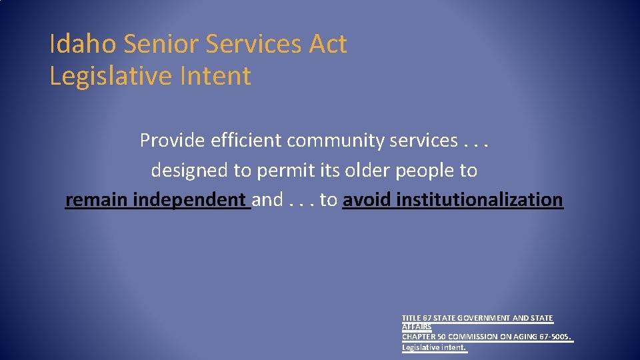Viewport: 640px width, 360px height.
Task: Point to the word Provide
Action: click(x=173, y=141)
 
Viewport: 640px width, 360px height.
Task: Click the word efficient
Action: click(x=247, y=141)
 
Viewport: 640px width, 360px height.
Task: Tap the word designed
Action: click(x=189, y=171)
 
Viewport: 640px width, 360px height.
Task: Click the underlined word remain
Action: click(x=97, y=200)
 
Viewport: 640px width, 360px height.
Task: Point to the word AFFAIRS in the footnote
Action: click(x=417, y=327)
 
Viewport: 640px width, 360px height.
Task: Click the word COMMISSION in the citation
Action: click(x=470, y=337)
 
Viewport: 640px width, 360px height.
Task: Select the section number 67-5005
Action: click(x=555, y=337)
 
